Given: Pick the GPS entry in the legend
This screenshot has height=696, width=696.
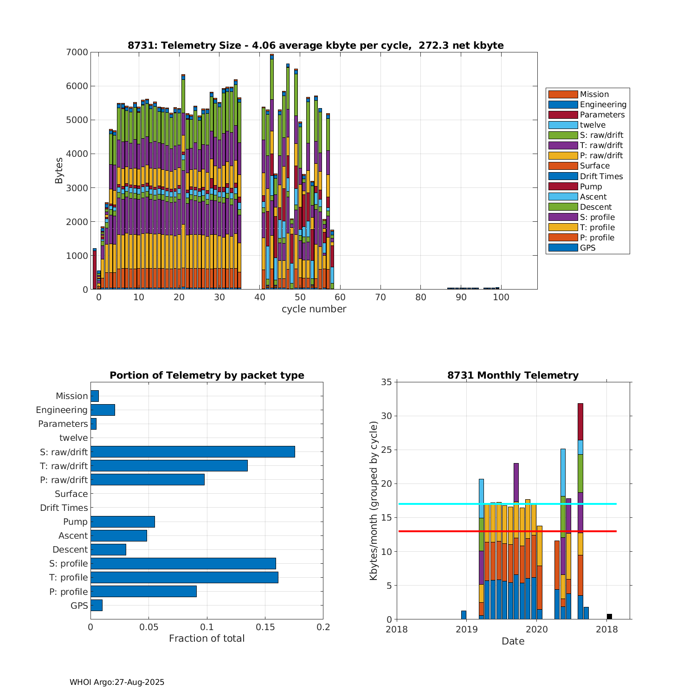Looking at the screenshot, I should tap(587, 248).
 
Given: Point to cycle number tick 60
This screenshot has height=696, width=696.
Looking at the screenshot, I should tap(340, 297).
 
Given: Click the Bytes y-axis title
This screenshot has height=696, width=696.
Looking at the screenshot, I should tap(59, 171).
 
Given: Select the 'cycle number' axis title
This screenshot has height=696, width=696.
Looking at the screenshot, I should tap(314, 309).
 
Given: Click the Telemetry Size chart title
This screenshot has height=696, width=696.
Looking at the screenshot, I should tap(316, 45).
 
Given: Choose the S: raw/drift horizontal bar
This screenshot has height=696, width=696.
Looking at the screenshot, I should tap(193, 452).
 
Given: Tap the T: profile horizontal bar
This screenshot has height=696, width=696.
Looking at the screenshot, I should tap(184, 577).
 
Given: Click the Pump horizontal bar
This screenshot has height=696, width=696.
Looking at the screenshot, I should tap(122, 522).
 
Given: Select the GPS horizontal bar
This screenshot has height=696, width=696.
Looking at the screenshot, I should tap(97, 605).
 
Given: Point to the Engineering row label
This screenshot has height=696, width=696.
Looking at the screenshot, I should tap(62, 410).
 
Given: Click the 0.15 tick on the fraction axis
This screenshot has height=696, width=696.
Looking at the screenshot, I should tap(265, 627).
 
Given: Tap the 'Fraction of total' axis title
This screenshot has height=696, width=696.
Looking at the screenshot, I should tap(206, 638).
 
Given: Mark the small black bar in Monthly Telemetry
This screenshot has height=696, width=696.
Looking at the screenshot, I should tap(609, 616).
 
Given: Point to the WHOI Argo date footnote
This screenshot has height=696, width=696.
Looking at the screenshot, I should tap(117, 682).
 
